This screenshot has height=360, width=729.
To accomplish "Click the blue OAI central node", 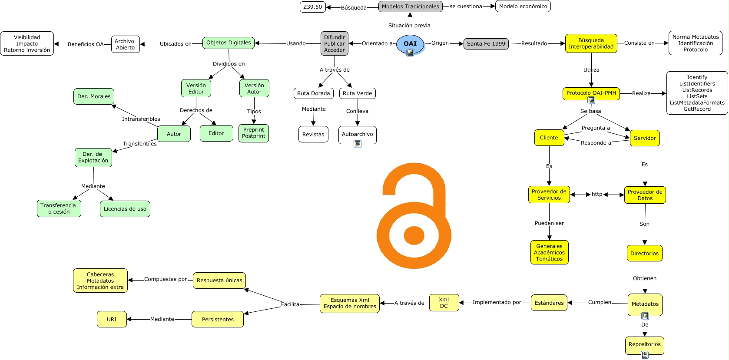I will (410, 44).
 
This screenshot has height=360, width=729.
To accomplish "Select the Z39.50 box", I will (312, 7).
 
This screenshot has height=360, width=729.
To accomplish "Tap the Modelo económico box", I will (523, 7).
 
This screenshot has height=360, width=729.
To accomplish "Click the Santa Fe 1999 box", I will (486, 44).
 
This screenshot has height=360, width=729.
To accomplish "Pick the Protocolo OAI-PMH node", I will (591, 93).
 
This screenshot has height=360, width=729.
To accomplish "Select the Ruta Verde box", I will (357, 93).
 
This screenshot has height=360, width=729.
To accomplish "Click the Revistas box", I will (313, 134).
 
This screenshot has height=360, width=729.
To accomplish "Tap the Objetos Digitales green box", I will (229, 43).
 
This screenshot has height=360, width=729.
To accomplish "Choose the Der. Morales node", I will (94, 96).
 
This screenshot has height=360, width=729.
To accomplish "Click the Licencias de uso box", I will (125, 209).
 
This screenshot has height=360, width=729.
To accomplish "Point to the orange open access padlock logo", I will (414, 216).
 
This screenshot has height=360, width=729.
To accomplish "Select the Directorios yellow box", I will (644, 253).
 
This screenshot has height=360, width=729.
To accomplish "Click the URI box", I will (112, 319).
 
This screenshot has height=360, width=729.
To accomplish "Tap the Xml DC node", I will (444, 303).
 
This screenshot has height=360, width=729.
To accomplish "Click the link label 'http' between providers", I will (597, 194).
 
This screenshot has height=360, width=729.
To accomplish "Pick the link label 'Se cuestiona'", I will (466, 7).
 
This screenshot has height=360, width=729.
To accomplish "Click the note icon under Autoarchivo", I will (358, 144).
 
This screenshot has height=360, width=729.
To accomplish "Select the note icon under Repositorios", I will (645, 355).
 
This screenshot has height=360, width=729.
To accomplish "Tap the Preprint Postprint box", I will (254, 133).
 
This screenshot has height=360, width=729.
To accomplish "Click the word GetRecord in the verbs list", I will (697, 109).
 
